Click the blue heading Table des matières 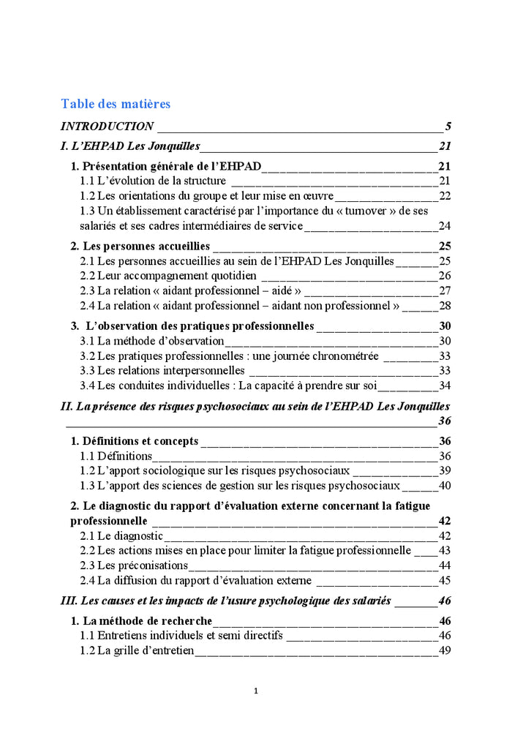click(x=116, y=104)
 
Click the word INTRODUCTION click(x=107, y=126)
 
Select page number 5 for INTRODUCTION click(x=448, y=126)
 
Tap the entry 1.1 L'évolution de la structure click(x=152, y=181)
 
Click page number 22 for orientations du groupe click(x=445, y=195)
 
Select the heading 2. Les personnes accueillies click(x=140, y=246)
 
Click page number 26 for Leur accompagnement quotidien click(x=445, y=276)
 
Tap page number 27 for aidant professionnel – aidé click(x=445, y=290)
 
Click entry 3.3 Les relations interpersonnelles click(x=162, y=371)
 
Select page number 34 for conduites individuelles click(x=445, y=386)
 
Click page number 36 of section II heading click(x=444, y=421)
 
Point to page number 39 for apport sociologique click(x=445, y=470)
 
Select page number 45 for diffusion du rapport click(x=445, y=580)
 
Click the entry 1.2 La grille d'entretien click(x=137, y=650)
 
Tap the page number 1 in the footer click(x=255, y=691)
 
